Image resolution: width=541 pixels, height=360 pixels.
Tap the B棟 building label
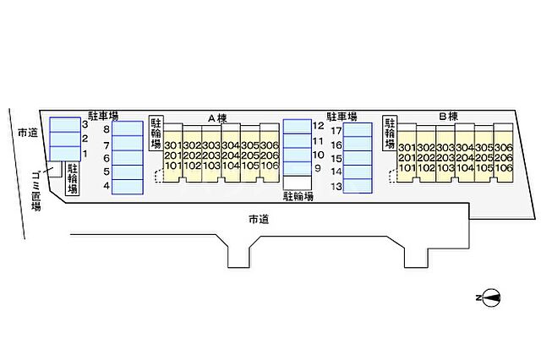click(x=448, y=116)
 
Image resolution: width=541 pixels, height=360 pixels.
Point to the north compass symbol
click(x=489, y=297)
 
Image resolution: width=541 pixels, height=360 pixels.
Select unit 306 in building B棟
click(x=504, y=147)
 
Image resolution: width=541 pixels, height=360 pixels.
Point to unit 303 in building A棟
click(x=211, y=145)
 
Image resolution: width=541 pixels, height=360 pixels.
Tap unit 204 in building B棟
click(x=464, y=157)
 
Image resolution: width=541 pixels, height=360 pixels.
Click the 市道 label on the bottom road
click(x=258, y=219)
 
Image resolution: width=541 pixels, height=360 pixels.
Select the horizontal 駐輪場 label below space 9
click(x=298, y=197)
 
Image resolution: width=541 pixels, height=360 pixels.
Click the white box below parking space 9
click(x=297, y=183)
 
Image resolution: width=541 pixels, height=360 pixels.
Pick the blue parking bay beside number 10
click(x=297, y=155)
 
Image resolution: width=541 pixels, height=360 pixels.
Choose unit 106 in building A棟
click(x=270, y=166)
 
